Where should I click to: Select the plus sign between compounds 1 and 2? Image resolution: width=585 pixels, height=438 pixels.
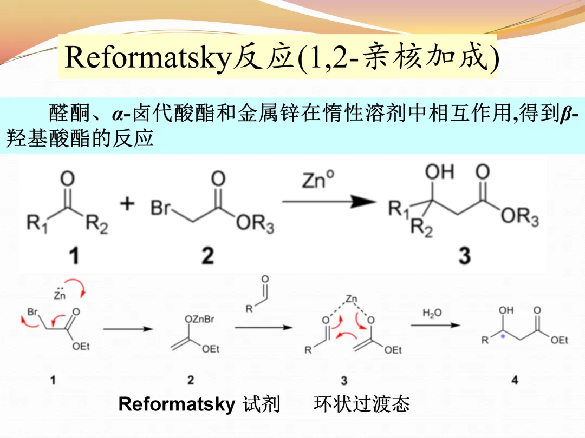tap(127, 204)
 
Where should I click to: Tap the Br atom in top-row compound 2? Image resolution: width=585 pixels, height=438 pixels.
tap(160, 209)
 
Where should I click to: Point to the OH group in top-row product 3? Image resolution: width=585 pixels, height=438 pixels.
tap(439, 173)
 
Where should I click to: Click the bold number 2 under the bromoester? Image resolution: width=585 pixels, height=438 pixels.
tap(207, 256)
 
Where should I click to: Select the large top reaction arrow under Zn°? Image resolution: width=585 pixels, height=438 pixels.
tap(329, 202)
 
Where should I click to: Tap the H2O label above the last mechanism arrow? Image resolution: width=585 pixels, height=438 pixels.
tap(432, 313)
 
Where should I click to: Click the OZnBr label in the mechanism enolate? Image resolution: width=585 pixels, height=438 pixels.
tap(200, 320)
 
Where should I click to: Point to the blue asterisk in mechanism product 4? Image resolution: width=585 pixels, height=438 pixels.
tap(503, 336)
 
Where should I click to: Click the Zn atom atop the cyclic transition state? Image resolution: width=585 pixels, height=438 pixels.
tap(352, 298)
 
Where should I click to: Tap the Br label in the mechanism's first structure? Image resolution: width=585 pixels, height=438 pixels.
tap(32, 313)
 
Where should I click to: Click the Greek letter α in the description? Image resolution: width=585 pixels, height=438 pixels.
tap(118, 115)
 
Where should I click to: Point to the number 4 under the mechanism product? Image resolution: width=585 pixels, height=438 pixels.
tap(514, 380)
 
